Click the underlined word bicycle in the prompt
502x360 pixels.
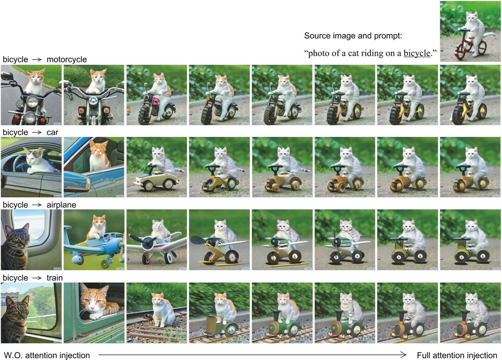pyautogui.click(x=417, y=53)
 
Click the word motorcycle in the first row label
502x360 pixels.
pyautogui.click(x=67, y=59)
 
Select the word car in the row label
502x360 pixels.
pyautogui.click(x=52, y=132)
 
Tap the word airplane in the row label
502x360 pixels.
pyautogui.click(x=61, y=205)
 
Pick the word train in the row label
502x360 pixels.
pyautogui.click(x=54, y=278)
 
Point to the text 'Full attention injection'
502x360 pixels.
pyautogui.click(x=457, y=355)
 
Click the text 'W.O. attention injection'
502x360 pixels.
pyautogui.click(x=47, y=355)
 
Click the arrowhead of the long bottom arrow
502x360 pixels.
pyautogui.click(x=403, y=355)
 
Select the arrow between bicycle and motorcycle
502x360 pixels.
pyautogui.click(x=37, y=60)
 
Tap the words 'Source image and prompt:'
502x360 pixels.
pyautogui.click(x=353, y=36)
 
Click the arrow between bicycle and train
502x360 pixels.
pyautogui.click(x=37, y=278)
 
